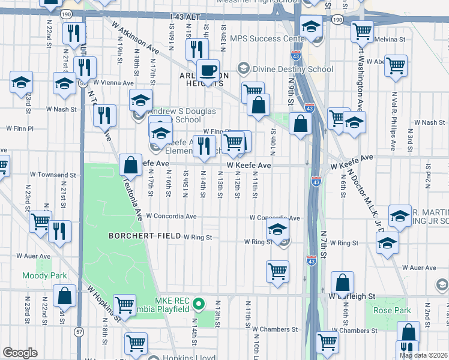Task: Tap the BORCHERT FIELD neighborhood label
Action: [145, 236]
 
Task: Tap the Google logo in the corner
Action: [20, 352]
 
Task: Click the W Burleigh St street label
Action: [352, 296]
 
